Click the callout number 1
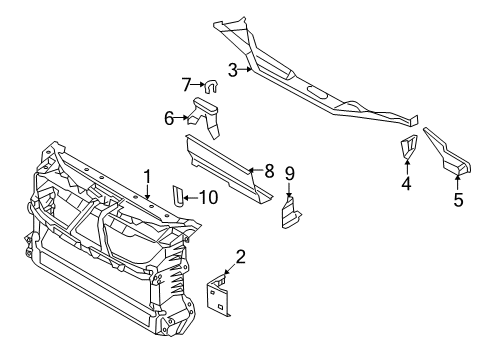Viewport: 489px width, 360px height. tap(147, 177)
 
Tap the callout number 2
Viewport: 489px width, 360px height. tap(240, 257)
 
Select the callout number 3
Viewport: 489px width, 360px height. tap(233, 70)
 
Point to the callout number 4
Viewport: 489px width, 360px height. tap(406, 183)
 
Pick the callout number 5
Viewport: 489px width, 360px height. tap(458, 199)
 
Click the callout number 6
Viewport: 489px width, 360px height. tap(169, 118)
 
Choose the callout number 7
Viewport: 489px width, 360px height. tap(186, 85)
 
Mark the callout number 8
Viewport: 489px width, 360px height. tap(269, 171)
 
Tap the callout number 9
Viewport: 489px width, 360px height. tap(289, 173)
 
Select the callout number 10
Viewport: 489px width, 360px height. tap(209, 197)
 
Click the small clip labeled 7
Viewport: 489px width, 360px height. tap(211, 86)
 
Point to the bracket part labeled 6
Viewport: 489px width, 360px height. tap(204, 116)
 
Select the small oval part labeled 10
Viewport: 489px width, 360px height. tap(178, 196)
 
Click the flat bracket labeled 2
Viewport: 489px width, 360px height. tap(218, 295)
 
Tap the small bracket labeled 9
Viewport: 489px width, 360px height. tap(291, 212)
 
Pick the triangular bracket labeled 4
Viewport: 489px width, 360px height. tap(408, 146)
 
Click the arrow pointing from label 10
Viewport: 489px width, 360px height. tap(191, 198)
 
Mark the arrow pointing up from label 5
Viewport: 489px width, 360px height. tap(458, 183)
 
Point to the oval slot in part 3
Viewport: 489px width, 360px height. tap(318, 92)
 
